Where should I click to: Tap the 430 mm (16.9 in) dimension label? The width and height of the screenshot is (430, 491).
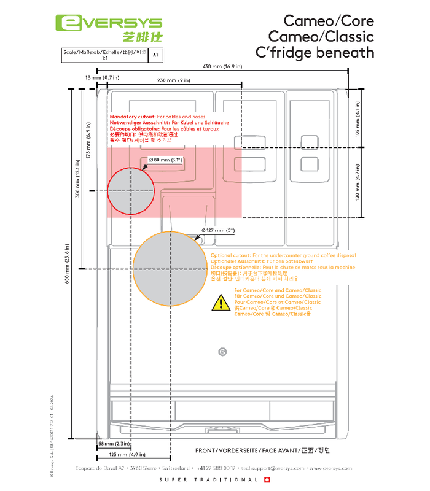coord(222,66)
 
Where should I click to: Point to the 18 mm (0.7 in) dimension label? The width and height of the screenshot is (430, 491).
coord(102,78)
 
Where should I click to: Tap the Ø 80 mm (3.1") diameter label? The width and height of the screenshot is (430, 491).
coord(166,160)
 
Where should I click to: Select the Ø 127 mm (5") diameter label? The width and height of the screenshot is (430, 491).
coord(219,230)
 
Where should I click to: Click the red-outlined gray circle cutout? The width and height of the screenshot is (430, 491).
coord(131,191)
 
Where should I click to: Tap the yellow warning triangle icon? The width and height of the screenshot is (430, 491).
coord(219,302)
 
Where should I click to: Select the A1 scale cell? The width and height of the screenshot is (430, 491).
coord(155,55)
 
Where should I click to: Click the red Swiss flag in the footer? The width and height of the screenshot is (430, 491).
coord(267,479)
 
